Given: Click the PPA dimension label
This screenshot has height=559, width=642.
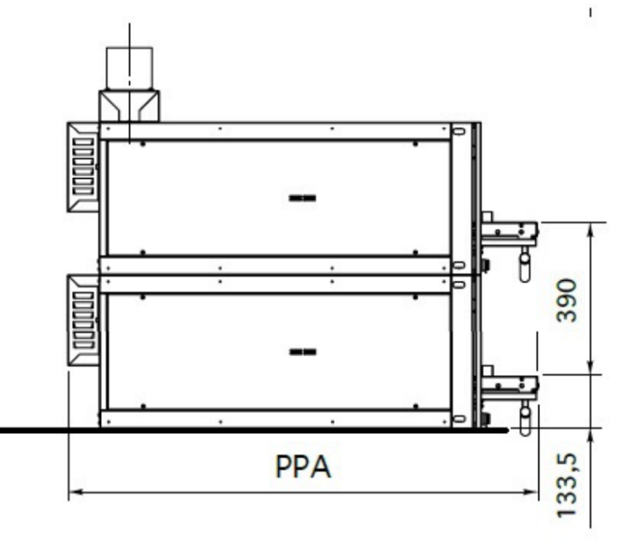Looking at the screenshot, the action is [x=303, y=467].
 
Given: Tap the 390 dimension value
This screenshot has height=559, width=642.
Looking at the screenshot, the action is [x=567, y=300].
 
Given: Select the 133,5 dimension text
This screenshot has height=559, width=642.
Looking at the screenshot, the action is [x=568, y=485].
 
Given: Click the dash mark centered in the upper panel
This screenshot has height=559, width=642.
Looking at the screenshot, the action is [x=302, y=199].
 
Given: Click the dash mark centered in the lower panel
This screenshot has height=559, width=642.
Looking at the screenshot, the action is [x=303, y=352].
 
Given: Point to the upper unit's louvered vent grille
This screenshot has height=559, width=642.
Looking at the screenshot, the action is [x=83, y=167].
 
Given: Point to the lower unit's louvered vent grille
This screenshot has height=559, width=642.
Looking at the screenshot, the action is [x=83, y=321].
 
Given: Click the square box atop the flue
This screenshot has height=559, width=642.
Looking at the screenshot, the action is [x=129, y=68].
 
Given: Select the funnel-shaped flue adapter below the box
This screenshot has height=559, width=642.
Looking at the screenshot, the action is [x=129, y=106].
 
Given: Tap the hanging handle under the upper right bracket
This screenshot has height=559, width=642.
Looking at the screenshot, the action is [x=525, y=266].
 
